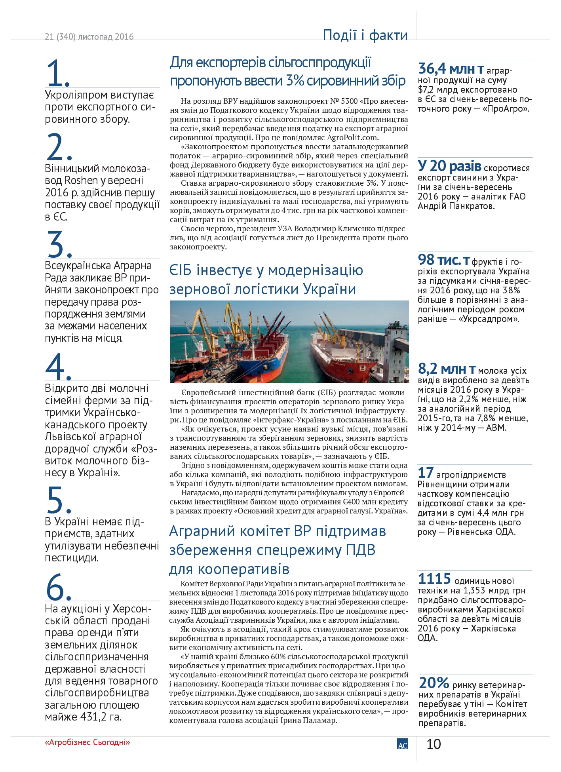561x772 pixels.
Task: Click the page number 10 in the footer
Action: pos(434,744)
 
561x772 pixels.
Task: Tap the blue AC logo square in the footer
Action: pos(402,744)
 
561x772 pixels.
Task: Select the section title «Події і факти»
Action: pos(365,35)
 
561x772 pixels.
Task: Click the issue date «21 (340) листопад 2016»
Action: pos(89,37)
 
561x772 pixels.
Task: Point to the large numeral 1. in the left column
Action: pos(58,73)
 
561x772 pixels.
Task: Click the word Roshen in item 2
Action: pos(81,181)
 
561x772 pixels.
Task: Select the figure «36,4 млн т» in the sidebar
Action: pos(451,69)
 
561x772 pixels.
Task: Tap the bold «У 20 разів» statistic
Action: pos(449,166)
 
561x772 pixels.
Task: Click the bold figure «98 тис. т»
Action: pos(444,260)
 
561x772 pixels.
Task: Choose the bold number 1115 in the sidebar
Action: pos(434,579)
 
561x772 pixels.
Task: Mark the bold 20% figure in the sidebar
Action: pos(434,683)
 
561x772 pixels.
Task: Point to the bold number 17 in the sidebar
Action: pos(426,473)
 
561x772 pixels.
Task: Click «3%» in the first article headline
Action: pos(295,81)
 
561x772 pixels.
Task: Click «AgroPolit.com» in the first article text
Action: pos(352,138)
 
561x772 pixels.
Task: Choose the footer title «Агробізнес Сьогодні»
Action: pos(87,742)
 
